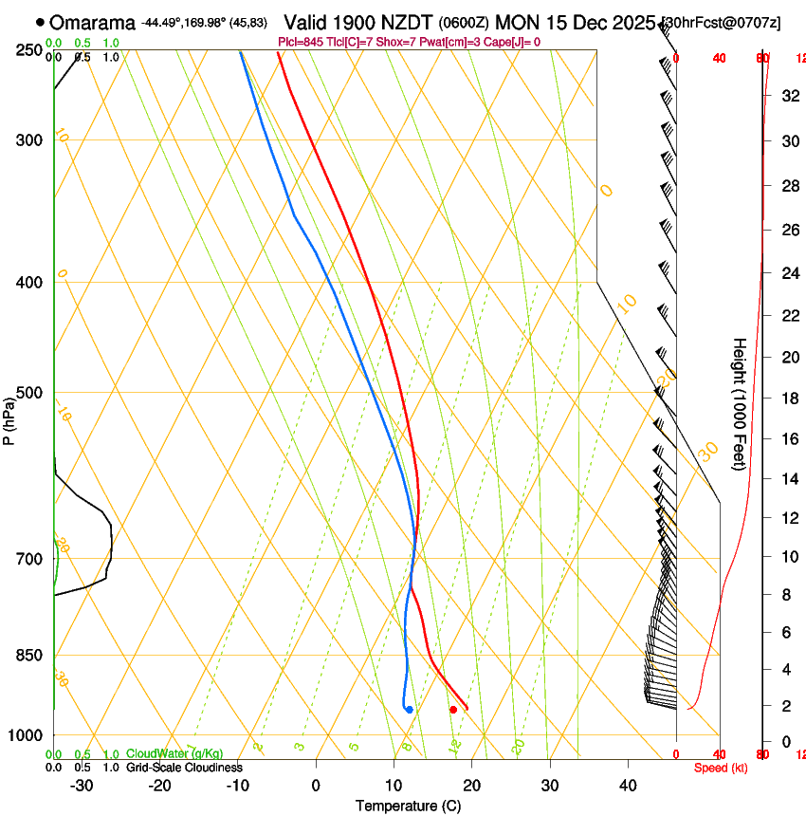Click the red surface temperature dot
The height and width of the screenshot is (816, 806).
click(453, 710)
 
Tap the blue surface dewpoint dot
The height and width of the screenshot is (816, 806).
click(409, 710)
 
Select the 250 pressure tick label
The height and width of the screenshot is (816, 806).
click(30, 50)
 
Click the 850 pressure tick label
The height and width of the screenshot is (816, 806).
click(30, 656)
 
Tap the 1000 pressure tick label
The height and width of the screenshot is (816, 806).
click(27, 735)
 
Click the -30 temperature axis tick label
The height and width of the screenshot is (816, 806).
click(82, 786)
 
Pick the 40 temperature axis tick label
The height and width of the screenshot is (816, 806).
click(628, 786)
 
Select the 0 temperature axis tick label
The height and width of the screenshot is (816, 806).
click(316, 786)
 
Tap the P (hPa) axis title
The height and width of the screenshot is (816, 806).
click(9, 418)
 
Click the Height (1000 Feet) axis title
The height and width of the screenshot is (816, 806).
click(740, 403)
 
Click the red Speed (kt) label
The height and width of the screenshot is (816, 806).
click(720, 768)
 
